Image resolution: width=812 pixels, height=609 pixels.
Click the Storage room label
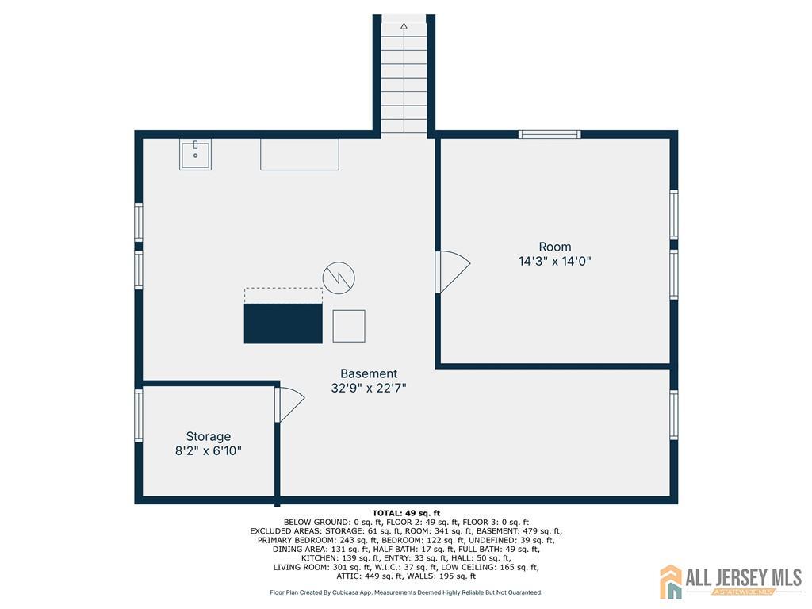click(x=209, y=436)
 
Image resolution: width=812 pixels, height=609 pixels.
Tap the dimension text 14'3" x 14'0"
click(x=554, y=261)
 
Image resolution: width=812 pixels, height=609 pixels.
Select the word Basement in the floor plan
click(x=369, y=373)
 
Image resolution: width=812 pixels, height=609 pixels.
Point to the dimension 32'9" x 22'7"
click(x=369, y=388)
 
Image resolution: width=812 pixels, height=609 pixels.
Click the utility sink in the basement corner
click(x=195, y=155)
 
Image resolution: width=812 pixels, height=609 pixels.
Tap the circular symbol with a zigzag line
click(x=339, y=278)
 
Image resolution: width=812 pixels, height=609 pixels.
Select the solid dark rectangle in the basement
click(x=283, y=324)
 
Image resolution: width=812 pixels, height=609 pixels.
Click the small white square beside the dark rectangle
click(x=349, y=326)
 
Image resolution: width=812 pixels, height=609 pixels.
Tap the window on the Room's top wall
click(x=550, y=135)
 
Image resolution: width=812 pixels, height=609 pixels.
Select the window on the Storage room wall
click(x=138, y=416)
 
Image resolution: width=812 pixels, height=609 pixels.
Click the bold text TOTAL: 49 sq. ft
click(x=406, y=513)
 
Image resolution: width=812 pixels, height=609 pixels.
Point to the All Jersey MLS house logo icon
click(x=671, y=581)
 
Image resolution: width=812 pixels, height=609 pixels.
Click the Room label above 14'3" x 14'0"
click(x=554, y=247)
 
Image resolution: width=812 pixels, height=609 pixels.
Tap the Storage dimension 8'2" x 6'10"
click(x=209, y=450)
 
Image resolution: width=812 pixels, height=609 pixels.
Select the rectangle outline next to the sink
click(x=299, y=155)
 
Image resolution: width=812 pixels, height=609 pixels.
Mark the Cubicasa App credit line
click(x=406, y=592)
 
